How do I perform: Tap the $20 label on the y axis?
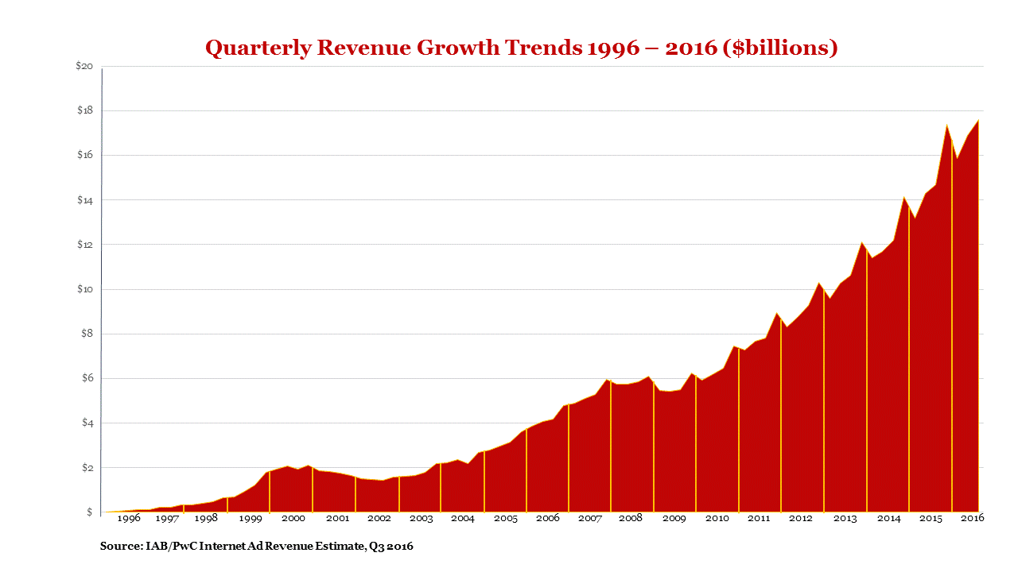(84, 66)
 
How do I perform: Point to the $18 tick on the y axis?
(84, 110)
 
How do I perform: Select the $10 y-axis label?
(84, 289)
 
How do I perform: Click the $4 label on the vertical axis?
(86, 423)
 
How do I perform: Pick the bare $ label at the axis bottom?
(89, 512)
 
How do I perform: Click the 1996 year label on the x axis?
(128, 518)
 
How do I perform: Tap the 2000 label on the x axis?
(293, 518)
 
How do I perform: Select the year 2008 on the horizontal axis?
(631, 518)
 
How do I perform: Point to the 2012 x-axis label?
(801, 518)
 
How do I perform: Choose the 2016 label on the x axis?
(973, 518)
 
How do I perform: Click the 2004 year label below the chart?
(462, 518)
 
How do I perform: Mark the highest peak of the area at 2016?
(978, 120)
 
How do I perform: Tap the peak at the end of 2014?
(903, 197)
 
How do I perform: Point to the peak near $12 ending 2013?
(861, 242)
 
